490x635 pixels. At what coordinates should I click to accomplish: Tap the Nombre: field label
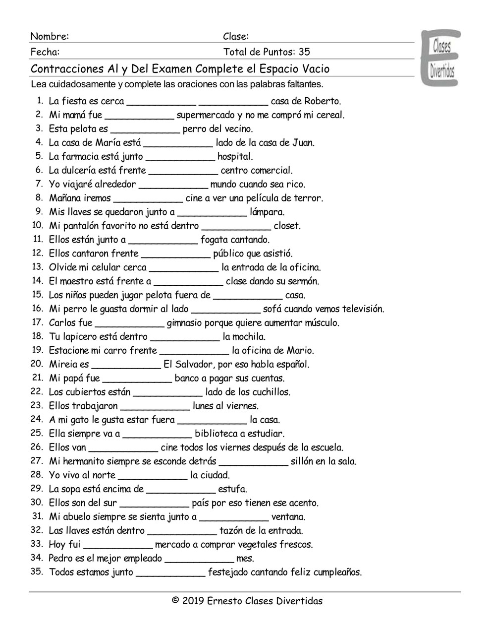pyautogui.click(x=50, y=36)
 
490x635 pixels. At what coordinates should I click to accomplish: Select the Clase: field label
pyautogui.click(x=235, y=36)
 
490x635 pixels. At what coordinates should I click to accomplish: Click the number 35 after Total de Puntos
pyautogui.click(x=305, y=52)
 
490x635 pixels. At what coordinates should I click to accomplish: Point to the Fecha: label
pyautogui.click(x=45, y=52)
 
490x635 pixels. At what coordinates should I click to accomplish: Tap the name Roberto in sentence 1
pyautogui.click(x=322, y=101)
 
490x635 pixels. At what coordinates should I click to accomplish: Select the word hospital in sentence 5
pyautogui.click(x=235, y=157)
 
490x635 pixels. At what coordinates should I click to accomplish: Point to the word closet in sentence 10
pyautogui.click(x=287, y=226)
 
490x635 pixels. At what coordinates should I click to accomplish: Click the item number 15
pyautogui.click(x=38, y=295)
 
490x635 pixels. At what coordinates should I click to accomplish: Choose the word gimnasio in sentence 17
pyautogui.click(x=187, y=323)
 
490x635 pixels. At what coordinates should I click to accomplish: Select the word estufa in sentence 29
pyautogui.click(x=232, y=489)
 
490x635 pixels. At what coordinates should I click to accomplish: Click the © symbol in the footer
pyautogui.click(x=175, y=601)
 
